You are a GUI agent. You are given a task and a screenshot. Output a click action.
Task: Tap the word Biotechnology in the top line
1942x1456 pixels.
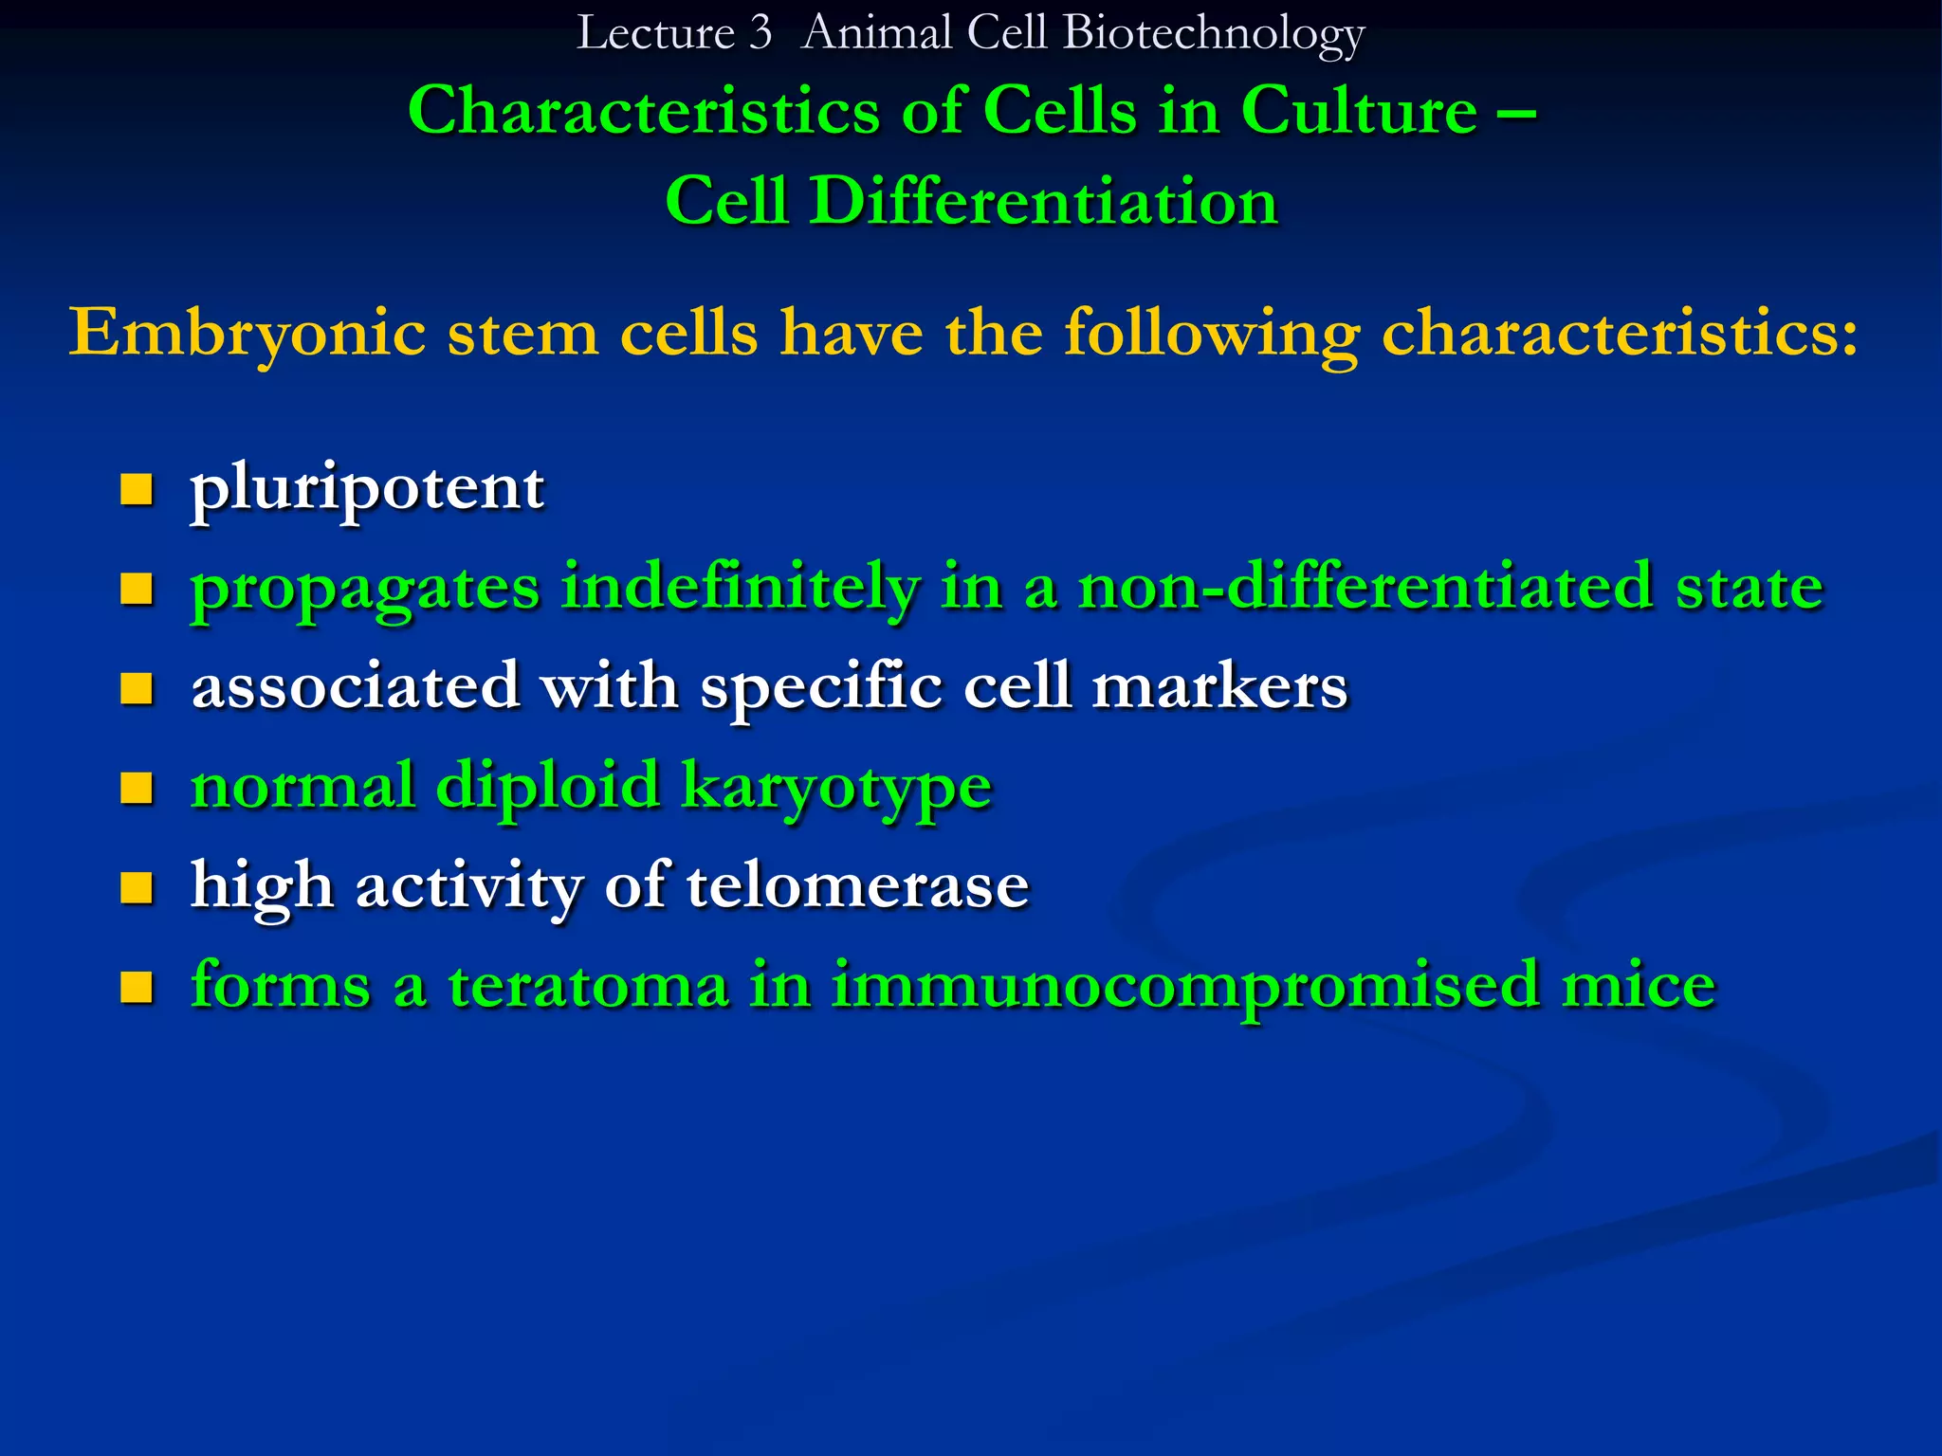pyautogui.click(x=1214, y=34)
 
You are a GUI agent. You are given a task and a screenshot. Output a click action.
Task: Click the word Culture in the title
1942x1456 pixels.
pyautogui.click(x=1358, y=111)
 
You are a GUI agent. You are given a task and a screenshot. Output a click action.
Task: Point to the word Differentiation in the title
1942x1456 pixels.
pyautogui.click(x=1043, y=201)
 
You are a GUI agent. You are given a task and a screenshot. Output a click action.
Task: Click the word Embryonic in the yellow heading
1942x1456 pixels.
pyautogui.click(x=247, y=334)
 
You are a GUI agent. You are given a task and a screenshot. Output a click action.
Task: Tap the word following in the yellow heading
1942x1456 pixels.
pyautogui.click(x=1212, y=334)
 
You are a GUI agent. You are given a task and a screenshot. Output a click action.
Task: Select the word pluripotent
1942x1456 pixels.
pyautogui.click(x=367, y=489)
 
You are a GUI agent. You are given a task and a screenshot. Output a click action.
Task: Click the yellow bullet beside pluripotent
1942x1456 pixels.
pyautogui.click(x=137, y=490)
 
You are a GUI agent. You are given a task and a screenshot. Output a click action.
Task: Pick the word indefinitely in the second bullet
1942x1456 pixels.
pyautogui.click(x=740, y=588)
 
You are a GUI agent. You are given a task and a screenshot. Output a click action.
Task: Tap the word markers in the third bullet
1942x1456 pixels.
pyautogui.click(x=1219, y=686)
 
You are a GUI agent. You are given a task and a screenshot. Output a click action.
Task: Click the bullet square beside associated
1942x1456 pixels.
pyautogui.click(x=137, y=689)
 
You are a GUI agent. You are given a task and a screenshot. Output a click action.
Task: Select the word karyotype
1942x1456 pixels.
pyautogui.click(x=836, y=787)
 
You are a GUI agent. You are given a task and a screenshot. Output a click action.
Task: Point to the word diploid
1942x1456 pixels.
pyautogui.click(x=547, y=787)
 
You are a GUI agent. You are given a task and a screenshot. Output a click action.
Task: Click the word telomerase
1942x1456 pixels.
pyautogui.click(x=857, y=886)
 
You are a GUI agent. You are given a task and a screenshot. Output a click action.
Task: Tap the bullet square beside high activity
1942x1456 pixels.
pyautogui.click(x=137, y=888)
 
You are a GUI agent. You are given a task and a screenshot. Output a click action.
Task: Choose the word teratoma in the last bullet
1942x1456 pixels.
pyautogui.click(x=588, y=986)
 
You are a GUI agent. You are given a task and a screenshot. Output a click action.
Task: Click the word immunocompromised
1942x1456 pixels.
pyautogui.click(x=1185, y=986)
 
